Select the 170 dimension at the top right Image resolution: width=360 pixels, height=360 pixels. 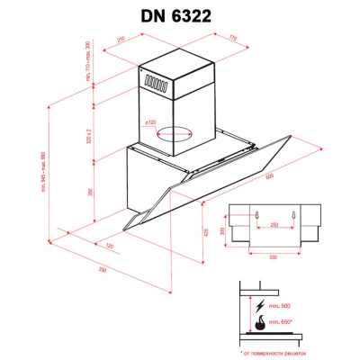coord(232,38)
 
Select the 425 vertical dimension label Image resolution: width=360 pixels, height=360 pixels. coord(205,231)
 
